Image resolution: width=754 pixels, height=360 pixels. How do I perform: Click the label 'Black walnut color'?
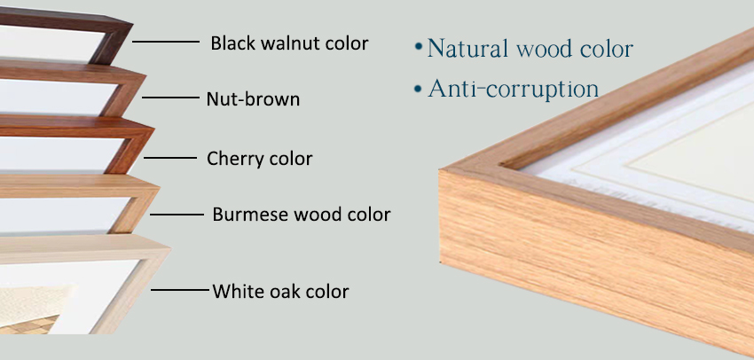point(289,43)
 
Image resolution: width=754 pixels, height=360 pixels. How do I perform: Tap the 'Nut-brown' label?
point(253,99)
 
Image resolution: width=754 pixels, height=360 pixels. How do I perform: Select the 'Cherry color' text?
point(260,158)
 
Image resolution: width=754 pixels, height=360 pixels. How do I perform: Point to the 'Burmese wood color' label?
point(302,214)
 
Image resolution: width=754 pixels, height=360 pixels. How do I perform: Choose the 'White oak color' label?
point(281,291)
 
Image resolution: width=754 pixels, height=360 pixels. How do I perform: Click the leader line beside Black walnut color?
point(165,42)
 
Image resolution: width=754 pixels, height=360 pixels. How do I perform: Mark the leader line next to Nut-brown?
point(170,98)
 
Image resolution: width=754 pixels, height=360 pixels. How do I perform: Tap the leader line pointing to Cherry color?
point(169,158)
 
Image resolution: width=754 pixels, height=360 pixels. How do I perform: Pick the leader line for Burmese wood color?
point(177,215)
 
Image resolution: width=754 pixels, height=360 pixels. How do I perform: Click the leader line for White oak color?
point(181,290)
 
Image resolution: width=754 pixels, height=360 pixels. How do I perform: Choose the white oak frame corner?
point(145,270)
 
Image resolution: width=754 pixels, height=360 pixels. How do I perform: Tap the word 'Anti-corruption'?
point(514,89)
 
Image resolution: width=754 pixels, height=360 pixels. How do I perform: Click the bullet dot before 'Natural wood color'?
point(419,47)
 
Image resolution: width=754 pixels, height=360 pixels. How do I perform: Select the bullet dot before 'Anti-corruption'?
point(419,89)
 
